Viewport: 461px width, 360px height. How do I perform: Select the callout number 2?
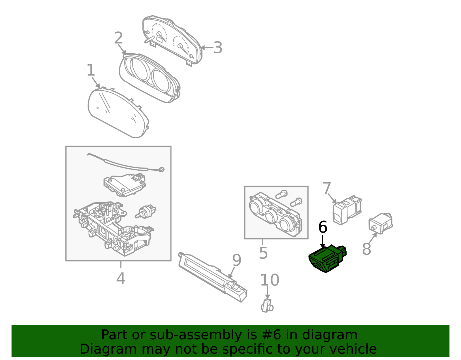[x=118, y=38]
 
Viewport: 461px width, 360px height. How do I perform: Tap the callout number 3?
[x=218, y=48]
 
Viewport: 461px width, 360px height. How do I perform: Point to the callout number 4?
[x=120, y=278]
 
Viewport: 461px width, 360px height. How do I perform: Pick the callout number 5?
[x=263, y=253]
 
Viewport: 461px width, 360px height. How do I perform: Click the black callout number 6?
[x=323, y=227]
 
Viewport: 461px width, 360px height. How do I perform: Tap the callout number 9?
[x=237, y=260]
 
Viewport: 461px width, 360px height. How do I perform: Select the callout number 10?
[x=270, y=280]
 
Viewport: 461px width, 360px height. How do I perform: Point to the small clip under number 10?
[x=267, y=306]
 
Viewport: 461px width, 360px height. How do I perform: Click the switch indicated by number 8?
[x=381, y=223]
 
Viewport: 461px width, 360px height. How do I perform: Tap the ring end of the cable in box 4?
[x=161, y=169]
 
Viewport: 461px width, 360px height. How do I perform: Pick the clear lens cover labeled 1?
[x=118, y=112]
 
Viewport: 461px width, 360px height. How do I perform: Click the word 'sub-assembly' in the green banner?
[x=196, y=335]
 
